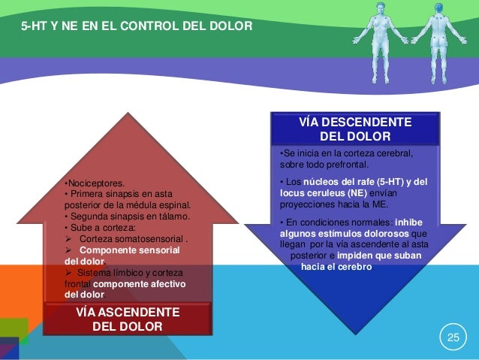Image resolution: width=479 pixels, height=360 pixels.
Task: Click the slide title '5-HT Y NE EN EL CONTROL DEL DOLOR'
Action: tap(137, 28)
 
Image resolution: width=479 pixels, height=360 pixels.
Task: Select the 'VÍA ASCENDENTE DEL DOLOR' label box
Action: tap(122, 319)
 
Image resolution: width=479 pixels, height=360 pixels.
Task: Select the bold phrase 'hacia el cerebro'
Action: tap(336, 266)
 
